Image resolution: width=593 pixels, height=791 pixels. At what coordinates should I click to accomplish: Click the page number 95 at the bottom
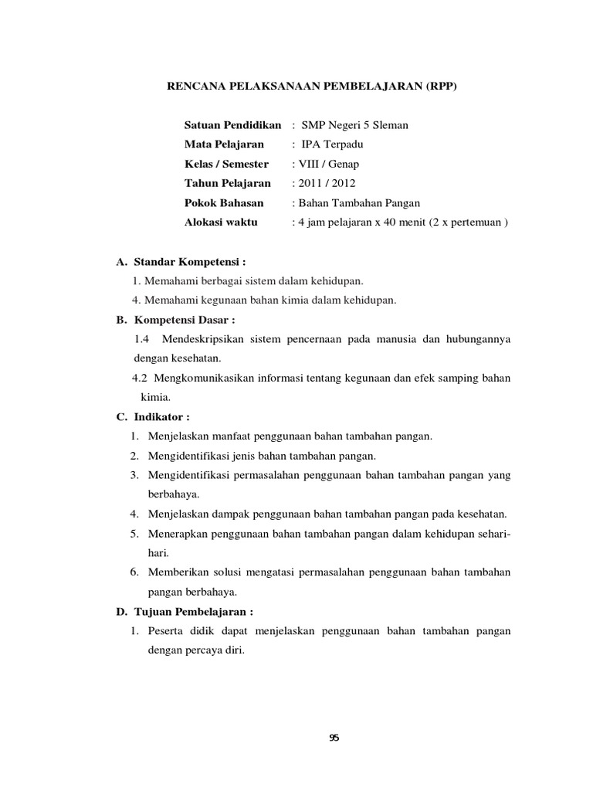click(x=334, y=738)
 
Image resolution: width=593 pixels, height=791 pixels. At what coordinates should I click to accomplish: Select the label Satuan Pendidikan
click(x=232, y=125)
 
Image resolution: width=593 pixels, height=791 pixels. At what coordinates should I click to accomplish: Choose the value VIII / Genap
click(x=325, y=164)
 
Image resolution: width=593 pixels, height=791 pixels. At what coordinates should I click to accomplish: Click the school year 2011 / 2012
click(x=325, y=183)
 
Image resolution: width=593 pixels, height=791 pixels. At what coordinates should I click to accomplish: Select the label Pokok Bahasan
click(x=223, y=203)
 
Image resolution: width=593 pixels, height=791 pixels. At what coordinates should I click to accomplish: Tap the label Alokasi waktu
click(x=222, y=222)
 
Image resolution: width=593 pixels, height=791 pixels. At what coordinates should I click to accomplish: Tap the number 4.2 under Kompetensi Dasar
click(x=140, y=378)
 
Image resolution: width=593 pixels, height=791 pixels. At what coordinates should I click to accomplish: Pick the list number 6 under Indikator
click(x=134, y=572)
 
